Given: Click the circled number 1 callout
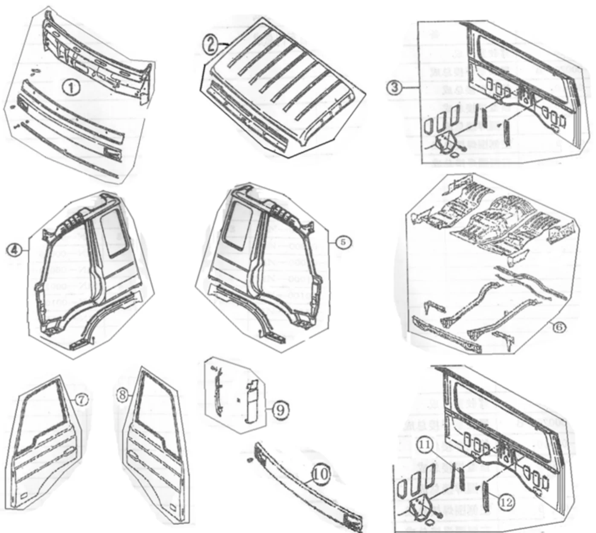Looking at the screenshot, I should [x=71, y=88].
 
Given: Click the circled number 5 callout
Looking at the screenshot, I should [x=344, y=242].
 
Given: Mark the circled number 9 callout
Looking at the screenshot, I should [x=281, y=410].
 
